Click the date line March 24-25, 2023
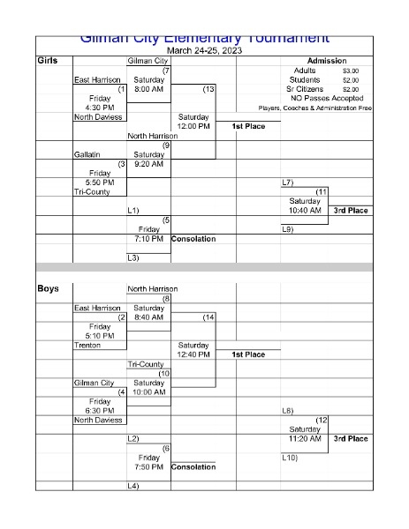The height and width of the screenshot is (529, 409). (204, 50)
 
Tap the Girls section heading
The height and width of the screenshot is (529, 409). (48, 60)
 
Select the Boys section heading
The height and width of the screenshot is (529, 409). (48, 288)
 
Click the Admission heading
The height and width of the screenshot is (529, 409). (326, 60)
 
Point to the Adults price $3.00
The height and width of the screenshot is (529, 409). (351, 71)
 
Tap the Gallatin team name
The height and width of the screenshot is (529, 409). (89, 154)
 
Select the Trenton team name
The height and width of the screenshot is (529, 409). (88, 346)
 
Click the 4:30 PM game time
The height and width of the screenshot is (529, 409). (99, 108)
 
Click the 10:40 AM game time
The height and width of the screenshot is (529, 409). (305, 211)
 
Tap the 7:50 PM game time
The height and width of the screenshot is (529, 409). (149, 467)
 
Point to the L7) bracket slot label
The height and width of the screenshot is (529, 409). (287, 183)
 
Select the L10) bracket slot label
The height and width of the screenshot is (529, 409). (289, 458)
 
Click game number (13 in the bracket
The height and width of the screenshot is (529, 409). (208, 89)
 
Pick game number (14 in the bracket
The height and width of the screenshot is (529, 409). (208, 317)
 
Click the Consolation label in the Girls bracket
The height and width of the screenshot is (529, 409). (193, 239)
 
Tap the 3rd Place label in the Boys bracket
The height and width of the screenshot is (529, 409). (351, 438)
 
